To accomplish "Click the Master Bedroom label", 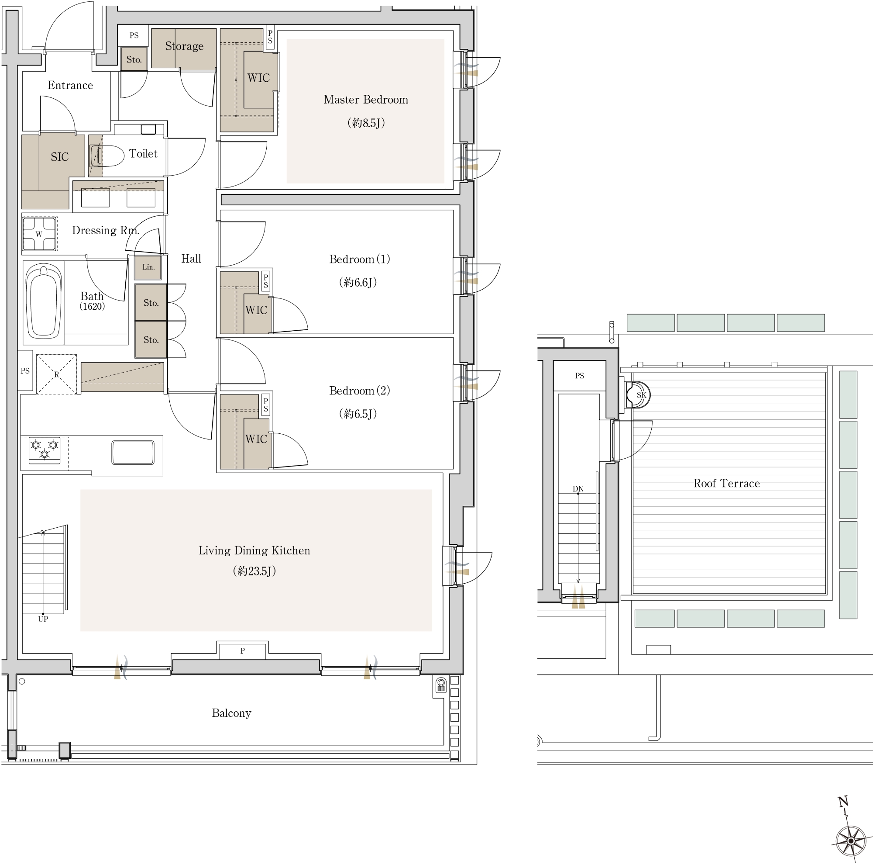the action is pos(365,100).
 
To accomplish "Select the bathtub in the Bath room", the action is pos(44,301).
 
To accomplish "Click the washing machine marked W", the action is pos(39,234).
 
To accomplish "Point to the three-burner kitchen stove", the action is pos(44,450).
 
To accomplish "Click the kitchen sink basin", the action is pos(133,453).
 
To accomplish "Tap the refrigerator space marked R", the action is pos(56,374).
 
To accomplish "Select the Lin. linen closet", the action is pos(148,267).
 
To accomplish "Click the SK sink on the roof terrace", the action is pos(639,394).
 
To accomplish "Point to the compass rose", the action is pos(850,841).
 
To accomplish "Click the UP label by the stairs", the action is pos(43,619).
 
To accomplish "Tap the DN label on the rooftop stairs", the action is pos(578,489).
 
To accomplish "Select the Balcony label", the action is pos(231,713).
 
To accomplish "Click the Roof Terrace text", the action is pos(727,483).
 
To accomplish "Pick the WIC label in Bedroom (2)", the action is pos(256,439).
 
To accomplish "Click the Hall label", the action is pos(191,259).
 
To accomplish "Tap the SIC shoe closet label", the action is pos(60,157).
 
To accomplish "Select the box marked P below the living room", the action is pos(242,651).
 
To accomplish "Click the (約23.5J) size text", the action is pos(254,571).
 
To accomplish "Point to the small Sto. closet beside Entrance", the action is pos(134,59).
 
